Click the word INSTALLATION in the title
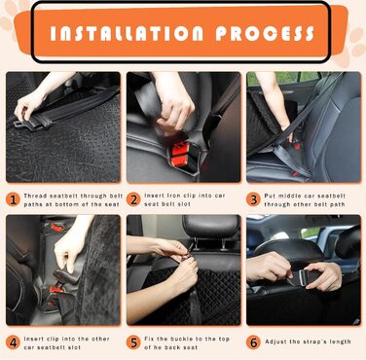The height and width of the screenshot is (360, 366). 127,33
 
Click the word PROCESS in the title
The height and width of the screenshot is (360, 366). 265,33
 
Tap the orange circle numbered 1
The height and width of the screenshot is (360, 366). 13,199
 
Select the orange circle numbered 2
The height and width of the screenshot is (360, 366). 133,199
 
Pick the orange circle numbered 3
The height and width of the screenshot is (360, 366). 253,199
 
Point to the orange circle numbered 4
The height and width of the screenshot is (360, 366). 13,342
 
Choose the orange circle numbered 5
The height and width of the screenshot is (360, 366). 133,342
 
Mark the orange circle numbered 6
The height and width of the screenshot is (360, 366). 253,342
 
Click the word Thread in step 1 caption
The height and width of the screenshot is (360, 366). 36,196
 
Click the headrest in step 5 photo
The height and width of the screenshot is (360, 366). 211,226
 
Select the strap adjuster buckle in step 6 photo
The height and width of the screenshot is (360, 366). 303,277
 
